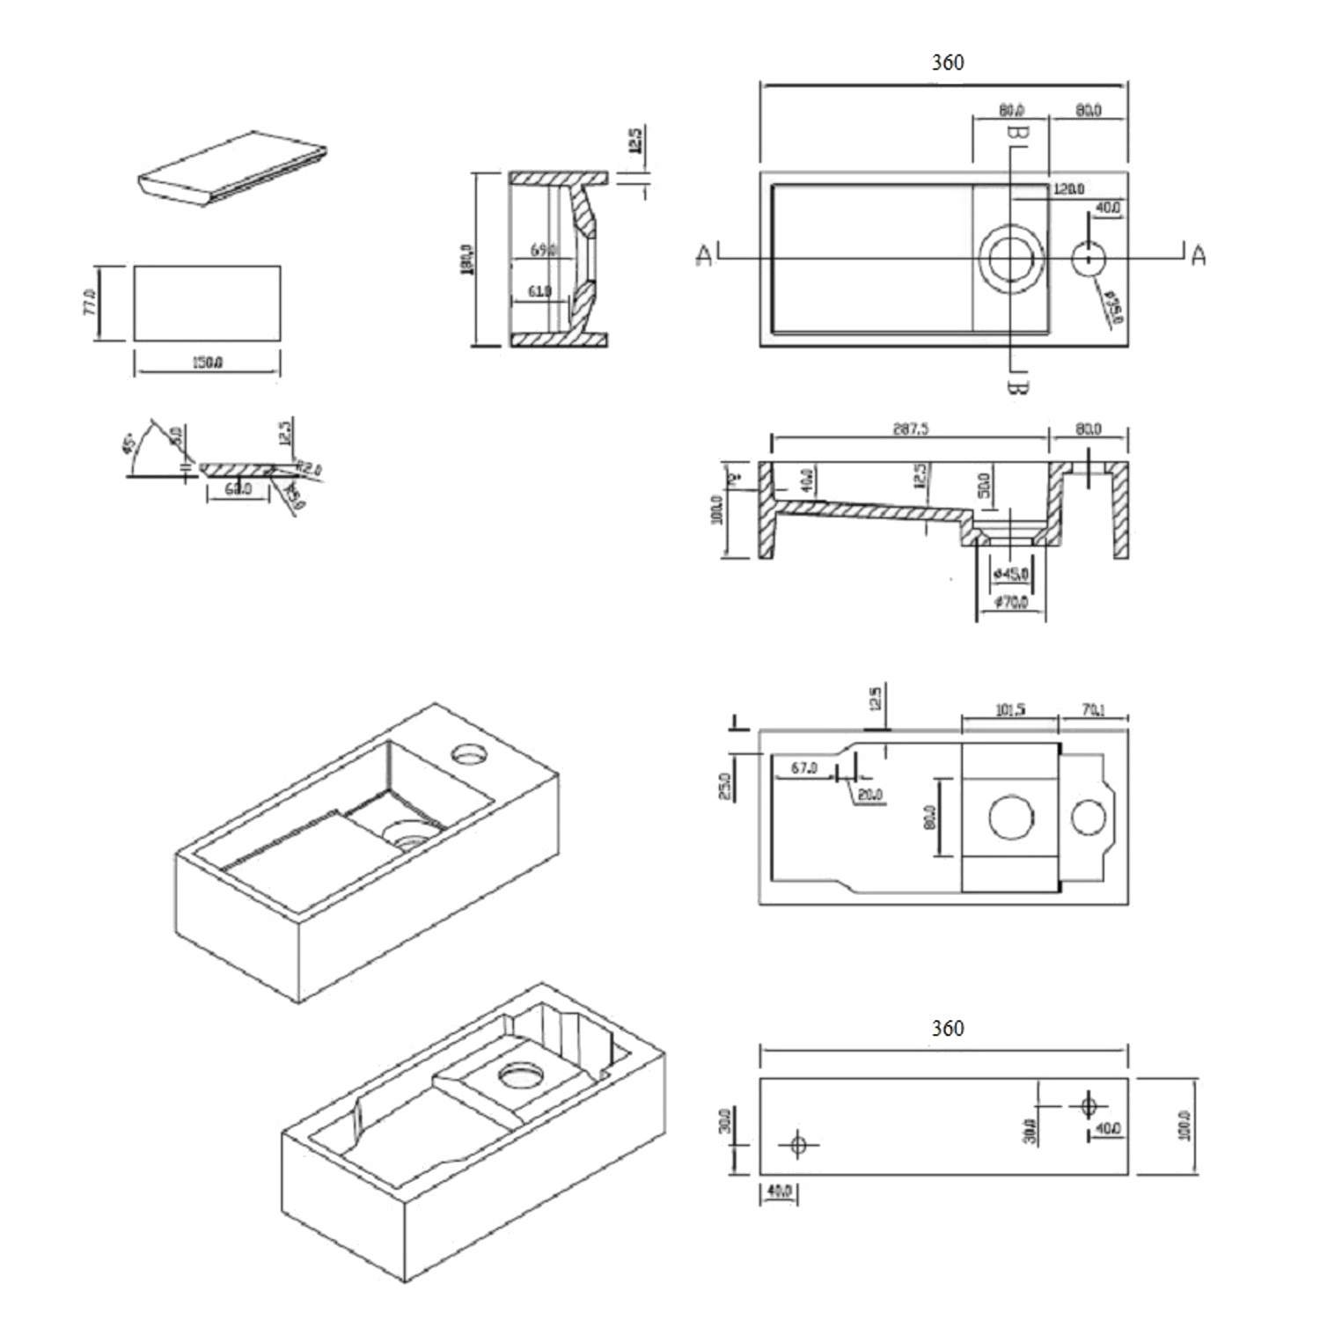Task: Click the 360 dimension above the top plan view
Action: pyautogui.click(x=947, y=62)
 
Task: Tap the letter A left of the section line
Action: pyautogui.click(x=704, y=255)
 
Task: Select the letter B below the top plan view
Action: pyautogui.click(x=1016, y=385)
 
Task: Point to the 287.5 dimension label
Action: pyautogui.click(x=910, y=429)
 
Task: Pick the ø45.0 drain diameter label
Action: pyautogui.click(x=1010, y=575)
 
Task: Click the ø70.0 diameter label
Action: pyautogui.click(x=1010, y=603)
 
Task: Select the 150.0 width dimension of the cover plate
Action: pyautogui.click(x=207, y=363)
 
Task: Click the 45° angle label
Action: pyautogui.click(x=130, y=443)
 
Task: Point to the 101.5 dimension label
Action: pyautogui.click(x=1009, y=709)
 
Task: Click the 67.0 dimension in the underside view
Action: pyautogui.click(x=803, y=767)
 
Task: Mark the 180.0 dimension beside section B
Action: pyautogui.click(x=466, y=259)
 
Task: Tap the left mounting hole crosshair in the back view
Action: pyautogui.click(x=798, y=1145)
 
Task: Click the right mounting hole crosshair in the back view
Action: pyautogui.click(x=1088, y=1104)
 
